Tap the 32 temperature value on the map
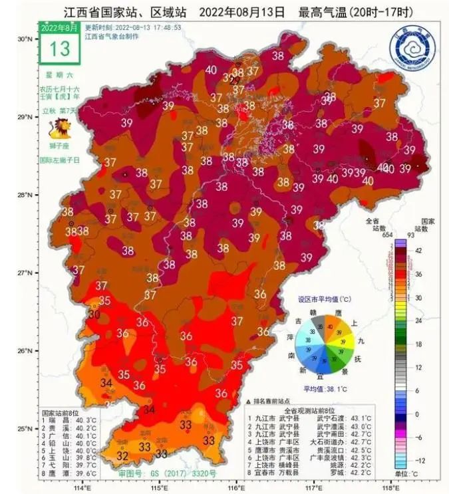[x=122, y=455]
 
